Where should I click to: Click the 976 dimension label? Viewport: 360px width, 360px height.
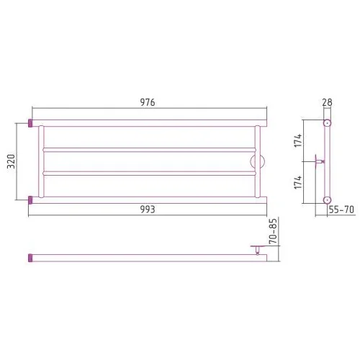tap(148, 102)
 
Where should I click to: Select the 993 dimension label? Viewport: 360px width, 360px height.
tap(148, 210)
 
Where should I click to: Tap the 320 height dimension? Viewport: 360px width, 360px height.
tap(11, 161)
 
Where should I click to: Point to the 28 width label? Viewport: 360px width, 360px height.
tap(328, 102)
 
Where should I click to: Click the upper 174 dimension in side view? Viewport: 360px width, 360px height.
tap(298, 140)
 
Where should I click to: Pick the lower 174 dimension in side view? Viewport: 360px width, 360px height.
tap(298, 182)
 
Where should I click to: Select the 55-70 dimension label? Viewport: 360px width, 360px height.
tap(341, 210)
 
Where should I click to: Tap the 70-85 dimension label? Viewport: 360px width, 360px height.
tap(273, 231)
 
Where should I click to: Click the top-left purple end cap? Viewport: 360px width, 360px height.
tap(30, 123)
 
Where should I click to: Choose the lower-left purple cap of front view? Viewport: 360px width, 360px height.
tap(30, 200)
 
